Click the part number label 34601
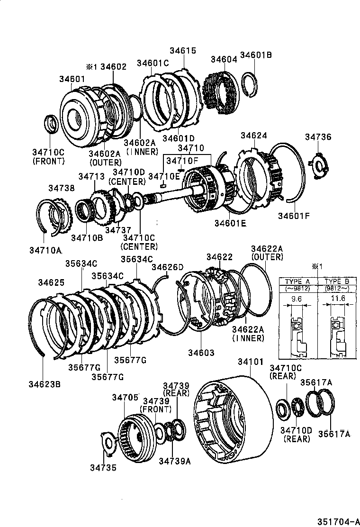72,79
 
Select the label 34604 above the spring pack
223,59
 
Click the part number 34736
318,137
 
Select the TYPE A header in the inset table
297,282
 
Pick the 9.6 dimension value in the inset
297,299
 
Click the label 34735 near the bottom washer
103,467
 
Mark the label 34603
201,353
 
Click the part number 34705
125,397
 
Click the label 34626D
167,268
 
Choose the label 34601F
293,216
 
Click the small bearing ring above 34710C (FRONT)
51,124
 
